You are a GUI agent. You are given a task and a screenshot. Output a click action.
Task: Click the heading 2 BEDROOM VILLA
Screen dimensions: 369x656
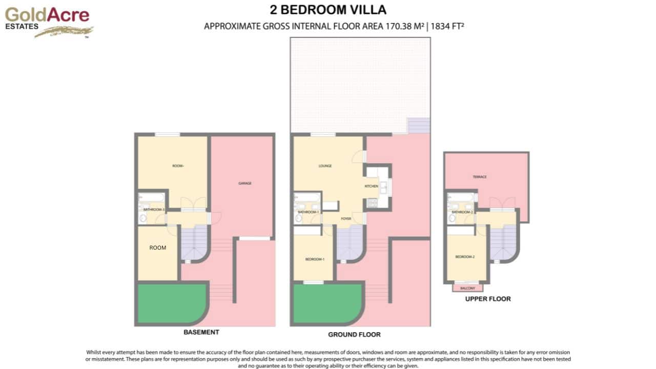click(x=328, y=10)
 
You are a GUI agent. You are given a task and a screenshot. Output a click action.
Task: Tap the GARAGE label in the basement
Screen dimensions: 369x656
click(x=245, y=183)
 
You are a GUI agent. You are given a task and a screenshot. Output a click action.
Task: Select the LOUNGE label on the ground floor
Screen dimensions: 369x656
click(x=325, y=166)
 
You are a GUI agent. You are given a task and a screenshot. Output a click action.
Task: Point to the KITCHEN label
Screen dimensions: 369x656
click(x=371, y=186)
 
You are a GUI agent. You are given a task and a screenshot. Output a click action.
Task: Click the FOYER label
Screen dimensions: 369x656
click(x=346, y=219)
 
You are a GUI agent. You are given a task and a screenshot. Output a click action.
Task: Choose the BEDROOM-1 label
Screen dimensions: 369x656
click(x=315, y=259)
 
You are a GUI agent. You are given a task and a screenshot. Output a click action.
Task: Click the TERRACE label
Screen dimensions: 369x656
click(x=479, y=177)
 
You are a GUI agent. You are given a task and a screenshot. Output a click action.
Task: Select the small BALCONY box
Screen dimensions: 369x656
click(x=467, y=288)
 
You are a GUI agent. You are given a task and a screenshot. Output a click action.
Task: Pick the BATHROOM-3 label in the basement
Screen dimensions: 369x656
click(x=153, y=210)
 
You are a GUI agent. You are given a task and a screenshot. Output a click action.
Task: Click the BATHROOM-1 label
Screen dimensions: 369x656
click(x=309, y=212)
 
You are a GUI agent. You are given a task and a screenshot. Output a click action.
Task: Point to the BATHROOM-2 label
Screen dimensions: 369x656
click(x=462, y=212)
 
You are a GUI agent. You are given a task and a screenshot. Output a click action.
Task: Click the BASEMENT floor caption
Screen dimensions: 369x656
click(x=201, y=332)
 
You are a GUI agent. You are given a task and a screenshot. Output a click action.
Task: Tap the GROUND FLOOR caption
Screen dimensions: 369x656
click(x=354, y=335)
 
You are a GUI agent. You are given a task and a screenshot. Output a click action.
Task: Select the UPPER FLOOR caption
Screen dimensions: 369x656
click(x=487, y=299)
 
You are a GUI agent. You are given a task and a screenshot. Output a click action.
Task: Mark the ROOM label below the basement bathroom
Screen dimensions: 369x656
click(x=158, y=248)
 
